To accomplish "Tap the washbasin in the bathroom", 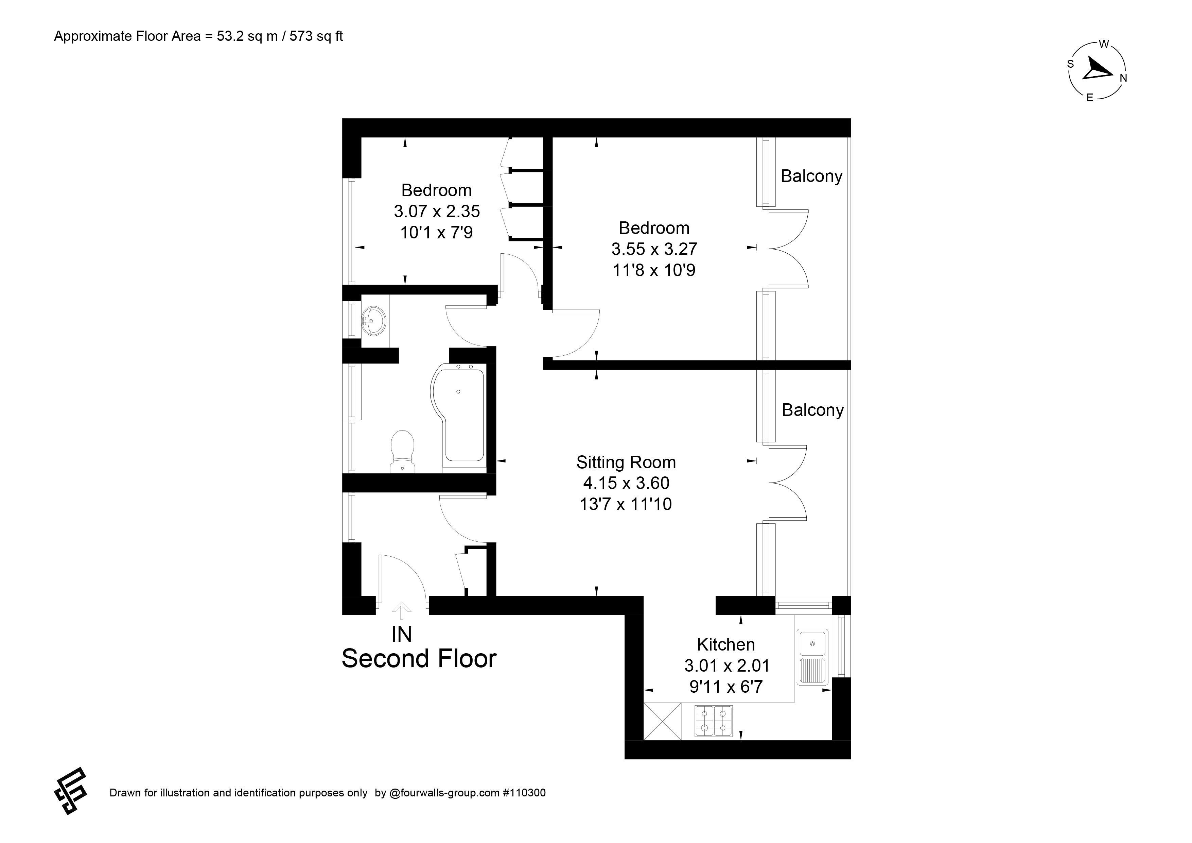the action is tap(373, 320).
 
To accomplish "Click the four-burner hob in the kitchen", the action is tap(713, 721).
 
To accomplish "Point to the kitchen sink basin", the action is tap(812, 642).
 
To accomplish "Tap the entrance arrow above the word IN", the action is tap(401, 611).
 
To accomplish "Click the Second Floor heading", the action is tap(419, 659).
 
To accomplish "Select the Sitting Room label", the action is tap(626, 462).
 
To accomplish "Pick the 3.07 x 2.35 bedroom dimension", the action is tap(437, 211).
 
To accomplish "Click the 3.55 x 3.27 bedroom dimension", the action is tap(654, 249).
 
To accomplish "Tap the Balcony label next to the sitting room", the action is tap(812, 410).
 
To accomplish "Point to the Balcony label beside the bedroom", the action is tap(811, 176).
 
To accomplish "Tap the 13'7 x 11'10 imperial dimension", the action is tap(626, 504).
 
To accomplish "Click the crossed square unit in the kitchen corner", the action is tap(663, 721).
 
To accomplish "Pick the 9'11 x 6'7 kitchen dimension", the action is tap(726, 687).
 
